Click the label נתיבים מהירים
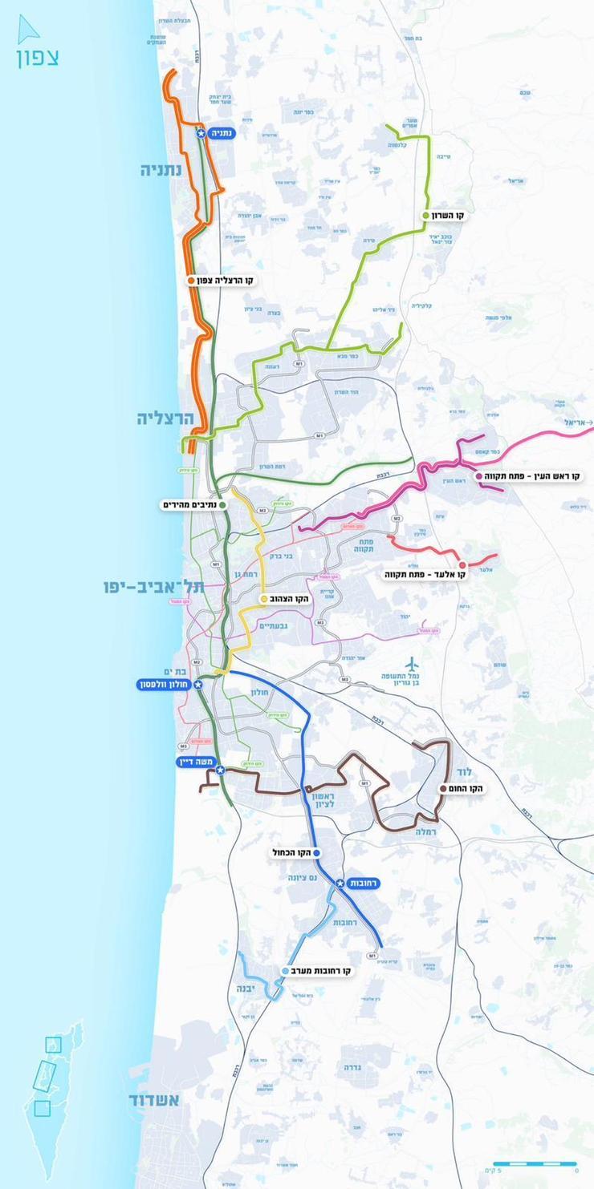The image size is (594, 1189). point(190,505)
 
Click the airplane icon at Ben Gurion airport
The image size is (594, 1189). point(413,664)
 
